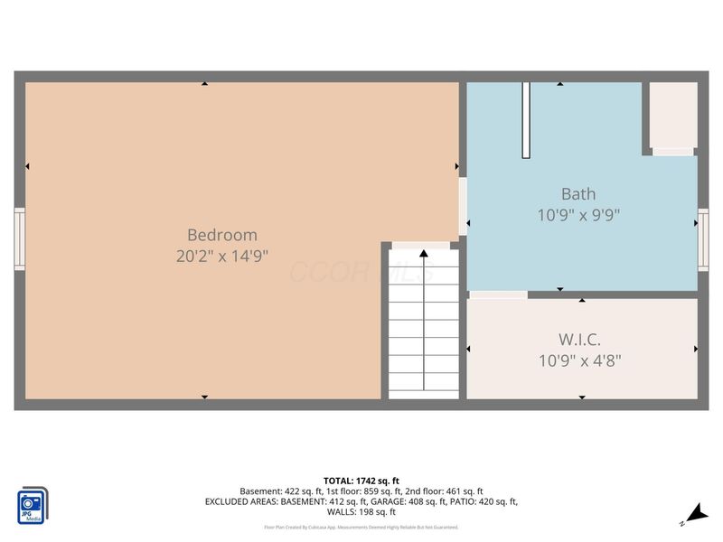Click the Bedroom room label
pyautogui.click(x=222, y=234)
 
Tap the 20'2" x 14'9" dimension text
pyautogui.click(x=222, y=256)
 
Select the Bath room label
pyautogui.click(x=578, y=193)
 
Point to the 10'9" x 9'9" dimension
pyautogui.click(x=578, y=215)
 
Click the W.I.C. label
pyautogui.click(x=579, y=340)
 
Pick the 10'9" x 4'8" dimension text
pyautogui.click(x=579, y=361)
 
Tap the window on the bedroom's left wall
pyautogui.click(x=19, y=238)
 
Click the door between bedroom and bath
pyautogui.click(x=463, y=206)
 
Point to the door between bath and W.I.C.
pyautogui.click(x=498, y=294)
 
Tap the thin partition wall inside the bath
pyautogui.click(x=525, y=120)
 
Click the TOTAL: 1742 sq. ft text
pyautogui.click(x=361, y=481)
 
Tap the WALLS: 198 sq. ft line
pyautogui.click(x=361, y=511)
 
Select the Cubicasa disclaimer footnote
pyautogui.click(x=361, y=527)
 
